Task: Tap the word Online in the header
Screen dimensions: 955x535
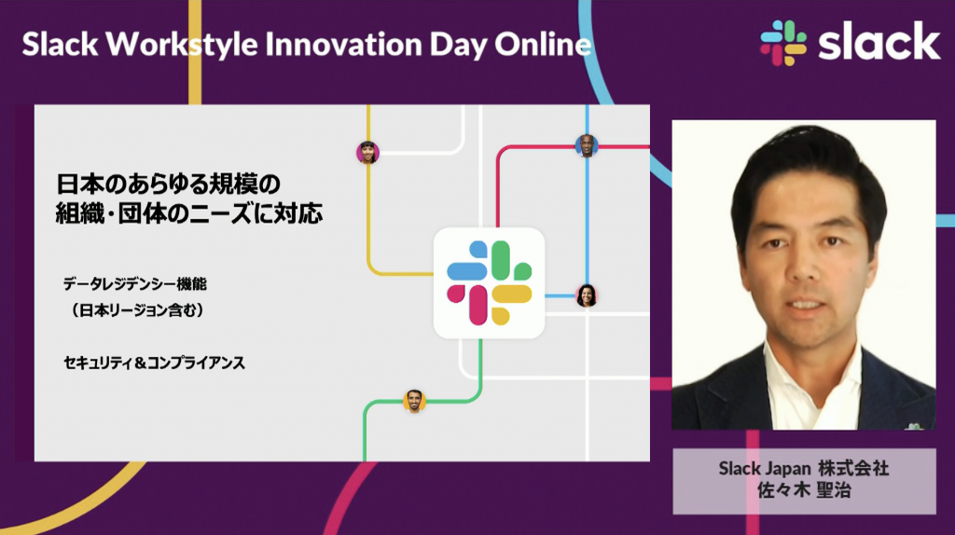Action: coord(543,44)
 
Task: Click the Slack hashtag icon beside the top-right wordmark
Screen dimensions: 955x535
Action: coord(783,43)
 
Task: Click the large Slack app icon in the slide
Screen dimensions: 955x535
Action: coord(489,283)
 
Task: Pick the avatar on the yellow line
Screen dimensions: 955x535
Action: coord(367,152)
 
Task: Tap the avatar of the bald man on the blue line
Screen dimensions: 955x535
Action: coord(587,146)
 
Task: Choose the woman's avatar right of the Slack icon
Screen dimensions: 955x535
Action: coord(587,295)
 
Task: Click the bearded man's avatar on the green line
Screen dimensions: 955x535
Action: coord(414,401)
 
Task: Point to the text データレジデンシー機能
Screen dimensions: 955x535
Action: coord(135,283)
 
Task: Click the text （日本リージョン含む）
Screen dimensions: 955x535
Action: coord(137,310)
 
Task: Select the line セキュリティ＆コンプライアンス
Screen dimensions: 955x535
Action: coord(154,363)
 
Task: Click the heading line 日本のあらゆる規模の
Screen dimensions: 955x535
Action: coord(168,184)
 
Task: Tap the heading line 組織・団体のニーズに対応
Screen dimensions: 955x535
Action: coord(189,213)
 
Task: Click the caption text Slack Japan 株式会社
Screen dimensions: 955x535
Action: coord(803,468)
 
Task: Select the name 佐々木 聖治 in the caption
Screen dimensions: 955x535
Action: coord(804,490)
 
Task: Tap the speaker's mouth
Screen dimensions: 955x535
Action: coord(804,304)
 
